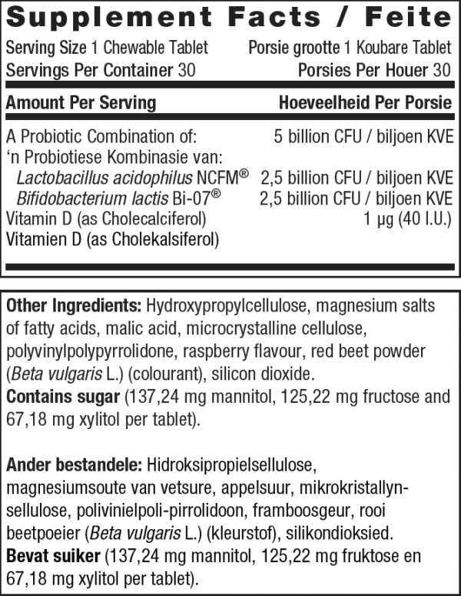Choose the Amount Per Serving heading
[x=81, y=103]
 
